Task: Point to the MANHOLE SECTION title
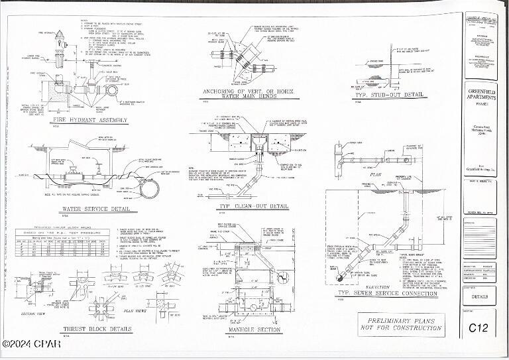pyautogui.click(x=247, y=330)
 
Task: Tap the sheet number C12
pyautogui.click(x=479, y=327)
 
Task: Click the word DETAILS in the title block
pyautogui.click(x=479, y=297)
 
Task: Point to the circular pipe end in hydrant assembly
pyautogui.click(x=111, y=89)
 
